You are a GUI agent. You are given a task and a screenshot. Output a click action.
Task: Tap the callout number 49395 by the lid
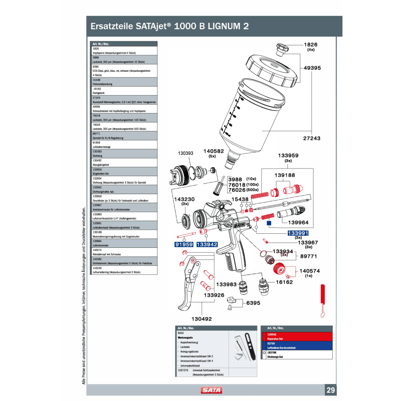pyautogui.click(x=312, y=68)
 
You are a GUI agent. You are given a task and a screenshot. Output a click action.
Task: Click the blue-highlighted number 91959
pyautogui.click(x=184, y=244)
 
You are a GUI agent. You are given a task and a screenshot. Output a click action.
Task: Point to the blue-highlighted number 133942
pyautogui.click(x=207, y=244)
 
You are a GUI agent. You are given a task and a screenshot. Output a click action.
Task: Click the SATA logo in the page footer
pyautogui.click(x=212, y=390)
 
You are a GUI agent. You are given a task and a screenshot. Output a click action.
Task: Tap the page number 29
pyautogui.click(x=331, y=390)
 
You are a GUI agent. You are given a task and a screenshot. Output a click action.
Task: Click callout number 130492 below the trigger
pyautogui.click(x=201, y=319)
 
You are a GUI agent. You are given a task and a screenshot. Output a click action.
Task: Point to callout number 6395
pyautogui.click(x=253, y=303)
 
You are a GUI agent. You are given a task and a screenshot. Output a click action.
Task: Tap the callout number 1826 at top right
pyautogui.click(x=310, y=45)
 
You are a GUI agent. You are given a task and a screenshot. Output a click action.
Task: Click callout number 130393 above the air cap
pyautogui.click(x=186, y=153)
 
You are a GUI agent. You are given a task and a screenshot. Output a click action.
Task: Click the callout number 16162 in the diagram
pyautogui.click(x=284, y=282)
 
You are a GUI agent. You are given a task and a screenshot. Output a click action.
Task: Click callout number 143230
pyautogui.click(x=184, y=199)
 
